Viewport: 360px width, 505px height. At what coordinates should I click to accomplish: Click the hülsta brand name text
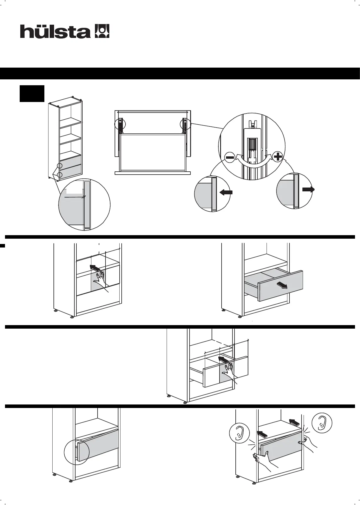[x=55, y=31]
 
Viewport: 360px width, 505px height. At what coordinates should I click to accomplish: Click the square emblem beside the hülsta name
[x=102, y=31]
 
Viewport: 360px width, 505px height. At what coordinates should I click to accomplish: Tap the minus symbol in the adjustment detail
[x=230, y=158]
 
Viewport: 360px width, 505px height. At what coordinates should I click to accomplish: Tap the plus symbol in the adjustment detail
[x=277, y=157]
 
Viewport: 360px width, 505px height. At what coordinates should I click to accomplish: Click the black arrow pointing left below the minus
[x=226, y=192]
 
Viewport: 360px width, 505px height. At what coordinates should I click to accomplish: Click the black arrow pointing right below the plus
[x=308, y=190]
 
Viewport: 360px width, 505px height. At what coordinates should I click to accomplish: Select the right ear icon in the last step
[x=322, y=423]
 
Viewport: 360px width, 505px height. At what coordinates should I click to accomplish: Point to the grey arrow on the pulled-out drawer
[x=282, y=285]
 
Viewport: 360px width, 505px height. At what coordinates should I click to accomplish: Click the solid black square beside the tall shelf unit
[x=32, y=93]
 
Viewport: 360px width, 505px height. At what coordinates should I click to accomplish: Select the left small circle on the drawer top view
[x=120, y=124]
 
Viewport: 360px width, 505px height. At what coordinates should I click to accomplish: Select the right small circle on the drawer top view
[x=185, y=124]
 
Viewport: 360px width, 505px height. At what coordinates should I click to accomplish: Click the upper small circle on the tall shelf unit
[x=60, y=166]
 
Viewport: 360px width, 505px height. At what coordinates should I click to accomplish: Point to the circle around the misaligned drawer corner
[x=77, y=452]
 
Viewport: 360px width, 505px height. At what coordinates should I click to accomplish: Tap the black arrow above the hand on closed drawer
[x=95, y=268]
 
